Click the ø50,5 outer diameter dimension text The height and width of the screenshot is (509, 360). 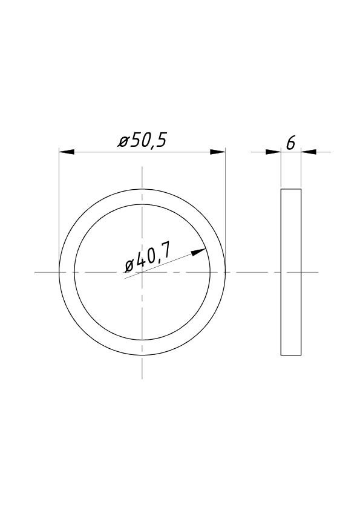pyautogui.click(x=142, y=141)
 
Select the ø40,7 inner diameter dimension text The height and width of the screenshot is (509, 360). pyautogui.click(x=147, y=261)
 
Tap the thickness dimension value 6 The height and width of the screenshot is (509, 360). pyautogui.click(x=290, y=143)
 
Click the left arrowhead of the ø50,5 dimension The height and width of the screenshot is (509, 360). pyautogui.click(x=67, y=152)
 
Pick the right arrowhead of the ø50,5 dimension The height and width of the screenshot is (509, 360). pyautogui.click(x=217, y=152)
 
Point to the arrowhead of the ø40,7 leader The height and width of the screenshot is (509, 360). pyautogui.click(x=198, y=251)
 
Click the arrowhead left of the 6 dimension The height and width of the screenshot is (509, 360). pyautogui.click(x=273, y=152)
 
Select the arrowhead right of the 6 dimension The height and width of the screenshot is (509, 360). pyautogui.click(x=309, y=152)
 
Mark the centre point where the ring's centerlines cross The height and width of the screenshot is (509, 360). pyautogui.click(x=142, y=272)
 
